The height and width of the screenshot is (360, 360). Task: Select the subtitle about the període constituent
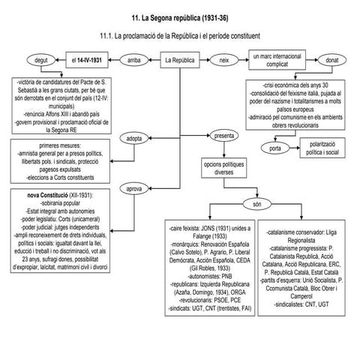179,35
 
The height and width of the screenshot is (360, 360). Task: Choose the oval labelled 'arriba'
135,59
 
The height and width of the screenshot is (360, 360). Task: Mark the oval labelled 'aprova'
135,188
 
